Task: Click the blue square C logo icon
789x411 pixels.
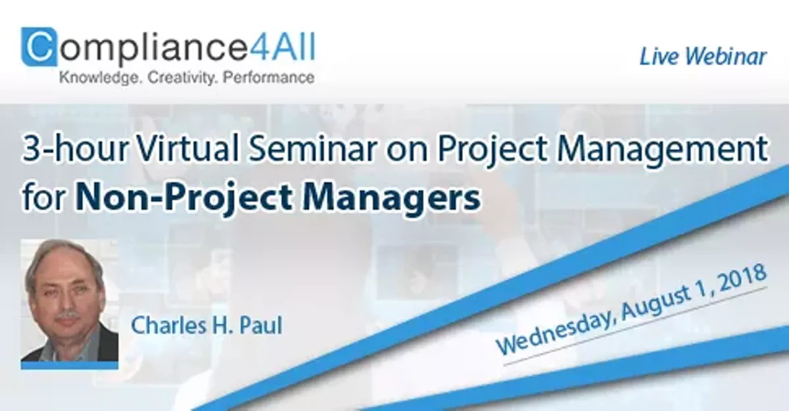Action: pos(39,47)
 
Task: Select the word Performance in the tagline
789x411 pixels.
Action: pos(268,78)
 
